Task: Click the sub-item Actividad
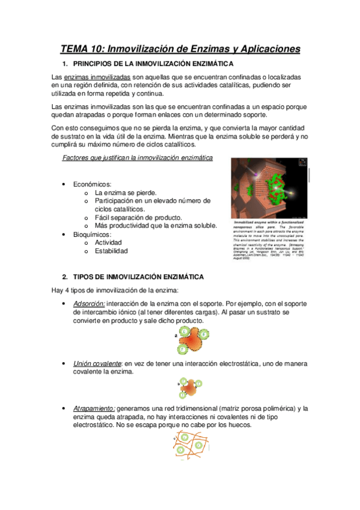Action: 108,242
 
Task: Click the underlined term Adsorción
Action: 89,304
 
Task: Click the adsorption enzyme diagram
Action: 190,340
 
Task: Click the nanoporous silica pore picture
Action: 270,187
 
